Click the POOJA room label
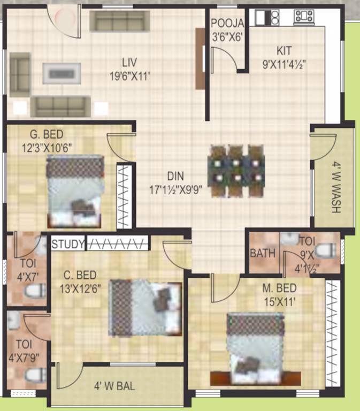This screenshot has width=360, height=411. pyautogui.click(x=227, y=23)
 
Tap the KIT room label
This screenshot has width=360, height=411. pyautogui.click(x=284, y=51)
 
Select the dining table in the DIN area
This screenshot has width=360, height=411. pyautogui.click(x=237, y=170)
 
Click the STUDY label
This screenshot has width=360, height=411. pyautogui.click(x=68, y=245)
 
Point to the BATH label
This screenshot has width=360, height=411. pyautogui.click(x=263, y=253)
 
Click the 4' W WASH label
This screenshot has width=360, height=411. pyautogui.click(x=335, y=187)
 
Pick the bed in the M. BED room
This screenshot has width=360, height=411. pyautogui.click(x=254, y=348)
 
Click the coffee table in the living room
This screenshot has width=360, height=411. pyautogui.click(x=62, y=73)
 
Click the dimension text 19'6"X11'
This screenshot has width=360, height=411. pyautogui.click(x=129, y=76)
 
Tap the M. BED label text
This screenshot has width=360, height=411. pyautogui.click(x=279, y=289)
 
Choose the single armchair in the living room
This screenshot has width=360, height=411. pyautogui.click(x=20, y=74)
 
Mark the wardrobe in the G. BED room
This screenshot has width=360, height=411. pyautogui.click(x=124, y=196)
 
